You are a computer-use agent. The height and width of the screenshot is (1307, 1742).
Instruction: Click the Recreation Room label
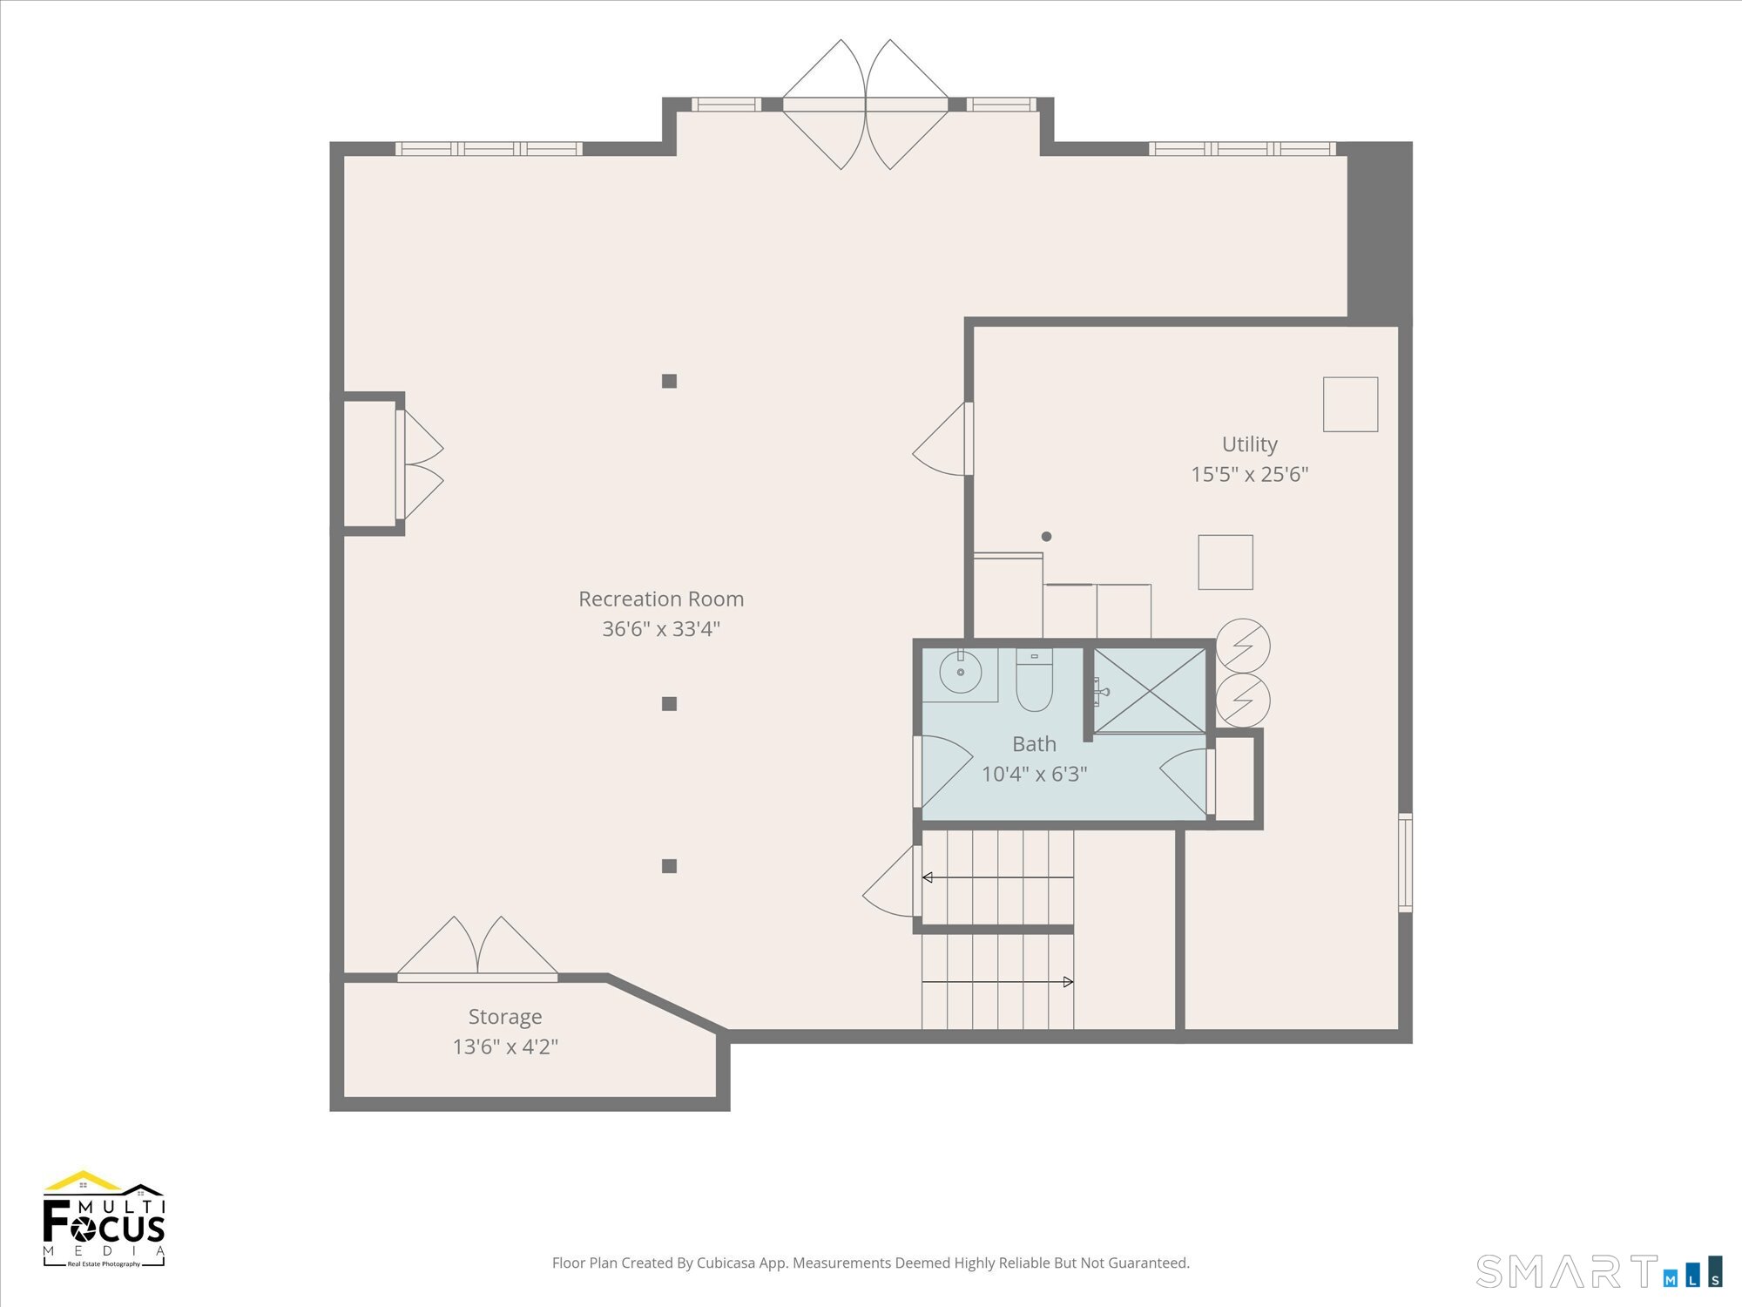point(661,599)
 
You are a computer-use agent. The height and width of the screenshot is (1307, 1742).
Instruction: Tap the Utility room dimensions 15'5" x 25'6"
point(1250,474)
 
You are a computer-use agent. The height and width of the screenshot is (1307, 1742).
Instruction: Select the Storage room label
point(505,1017)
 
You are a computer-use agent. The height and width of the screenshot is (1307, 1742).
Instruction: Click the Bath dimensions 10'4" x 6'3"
point(1034,774)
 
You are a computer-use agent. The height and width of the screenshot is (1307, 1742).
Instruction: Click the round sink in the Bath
point(961,673)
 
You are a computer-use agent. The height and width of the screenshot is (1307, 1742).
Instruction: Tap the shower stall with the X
point(1150,690)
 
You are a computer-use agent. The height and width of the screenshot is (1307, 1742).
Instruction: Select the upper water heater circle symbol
point(1243,646)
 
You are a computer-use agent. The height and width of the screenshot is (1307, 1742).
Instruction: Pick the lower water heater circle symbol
point(1243,700)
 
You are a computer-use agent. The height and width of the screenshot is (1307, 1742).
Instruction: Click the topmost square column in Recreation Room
point(669,381)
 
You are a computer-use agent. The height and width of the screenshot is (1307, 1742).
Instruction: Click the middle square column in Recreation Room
point(669,704)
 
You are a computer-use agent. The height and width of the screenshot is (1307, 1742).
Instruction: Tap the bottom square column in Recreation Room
point(669,866)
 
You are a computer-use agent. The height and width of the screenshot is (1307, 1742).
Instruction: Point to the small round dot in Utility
point(1046,537)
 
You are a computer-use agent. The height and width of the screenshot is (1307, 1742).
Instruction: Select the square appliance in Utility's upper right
point(1350,404)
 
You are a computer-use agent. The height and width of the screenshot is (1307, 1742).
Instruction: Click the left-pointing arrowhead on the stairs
point(928,877)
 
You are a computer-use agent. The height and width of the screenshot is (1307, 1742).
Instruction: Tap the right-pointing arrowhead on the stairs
point(1069,982)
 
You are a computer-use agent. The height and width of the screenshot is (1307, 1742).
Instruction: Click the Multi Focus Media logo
point(105,1218)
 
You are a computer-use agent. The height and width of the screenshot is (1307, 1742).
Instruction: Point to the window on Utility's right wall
point(1405,863)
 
